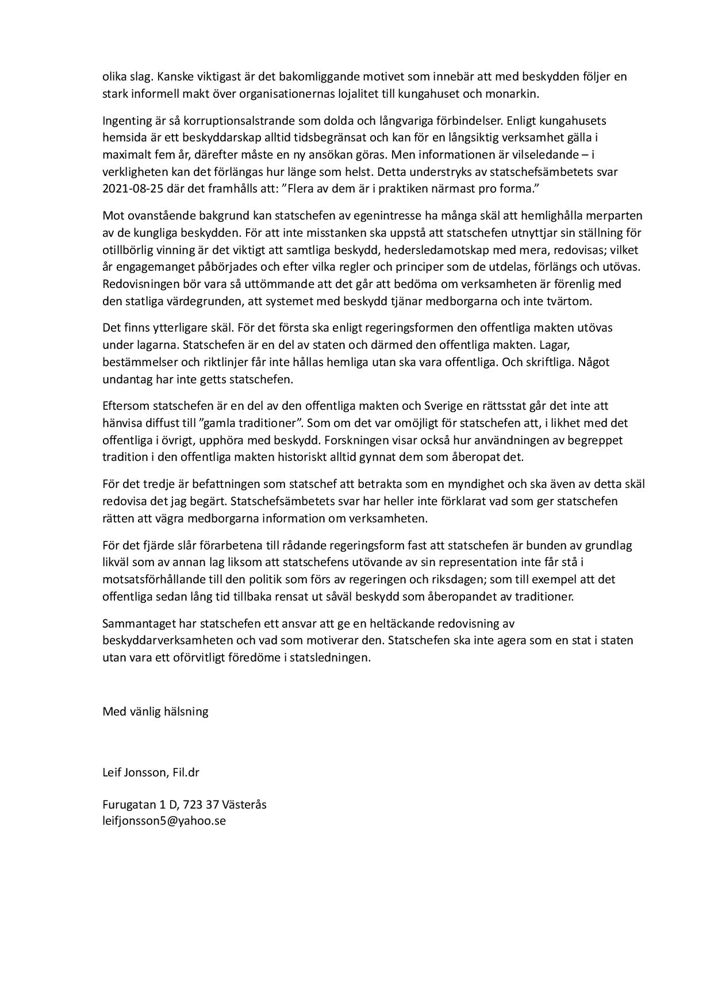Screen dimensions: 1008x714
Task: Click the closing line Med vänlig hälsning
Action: [x=155, y=711]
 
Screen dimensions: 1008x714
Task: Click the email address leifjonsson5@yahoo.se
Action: [x=164, y=821]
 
